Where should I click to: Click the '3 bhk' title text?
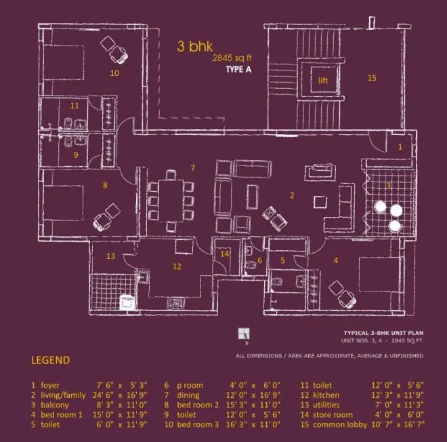tap(195, 46)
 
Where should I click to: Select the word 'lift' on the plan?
tap(323, 80)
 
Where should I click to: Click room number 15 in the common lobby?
tap(372, 78)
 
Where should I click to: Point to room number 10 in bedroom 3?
tap(114, 72)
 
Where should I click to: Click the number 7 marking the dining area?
tap(192, 167)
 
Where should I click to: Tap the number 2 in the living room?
tap(292, 196)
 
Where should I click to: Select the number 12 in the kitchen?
tap(176, 266)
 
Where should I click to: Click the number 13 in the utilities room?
tap(110, 256)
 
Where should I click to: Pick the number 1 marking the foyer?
tap(400, 146)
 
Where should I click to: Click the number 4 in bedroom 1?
tap(335, 260)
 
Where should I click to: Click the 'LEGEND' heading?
tap(51, 360)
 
